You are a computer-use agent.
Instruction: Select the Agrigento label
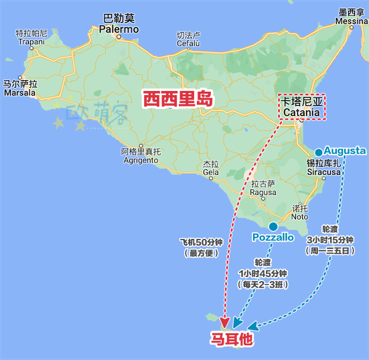[x=141, y=155]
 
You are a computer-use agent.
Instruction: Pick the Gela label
[x=211, y=168]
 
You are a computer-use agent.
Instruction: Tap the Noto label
[x=300, y=212]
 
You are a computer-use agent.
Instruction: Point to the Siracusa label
[x=323, y=167]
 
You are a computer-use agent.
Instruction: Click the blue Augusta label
[x=345, y=151]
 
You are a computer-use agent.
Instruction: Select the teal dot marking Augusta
[x=319, y=153]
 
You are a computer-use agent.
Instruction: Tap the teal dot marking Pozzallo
[x=273, y=226]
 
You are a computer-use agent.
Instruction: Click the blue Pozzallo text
[x=273, y=238]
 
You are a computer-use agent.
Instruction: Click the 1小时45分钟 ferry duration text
[x=263, y=273]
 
